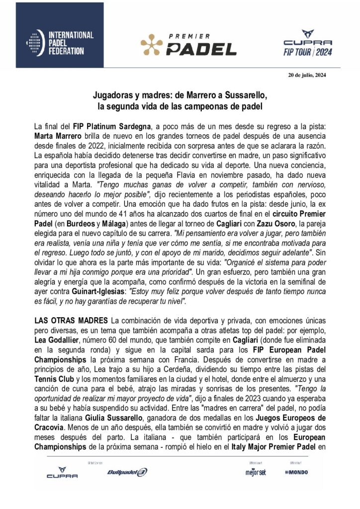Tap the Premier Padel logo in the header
pyautogui.click(x=188, y=44)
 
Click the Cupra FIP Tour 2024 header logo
pyautogui.click(x=307, y=43)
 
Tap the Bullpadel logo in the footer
pyautogui.click(x=127, y=472)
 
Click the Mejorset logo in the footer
pyautogui.click(x=253, y=471)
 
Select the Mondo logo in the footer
pyautogui.click(x=296, y=472)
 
